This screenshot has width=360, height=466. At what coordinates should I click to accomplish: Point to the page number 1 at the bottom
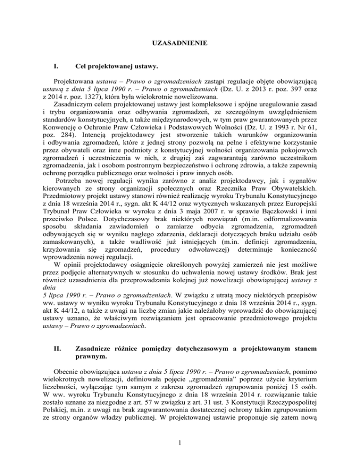coord(180,447)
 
